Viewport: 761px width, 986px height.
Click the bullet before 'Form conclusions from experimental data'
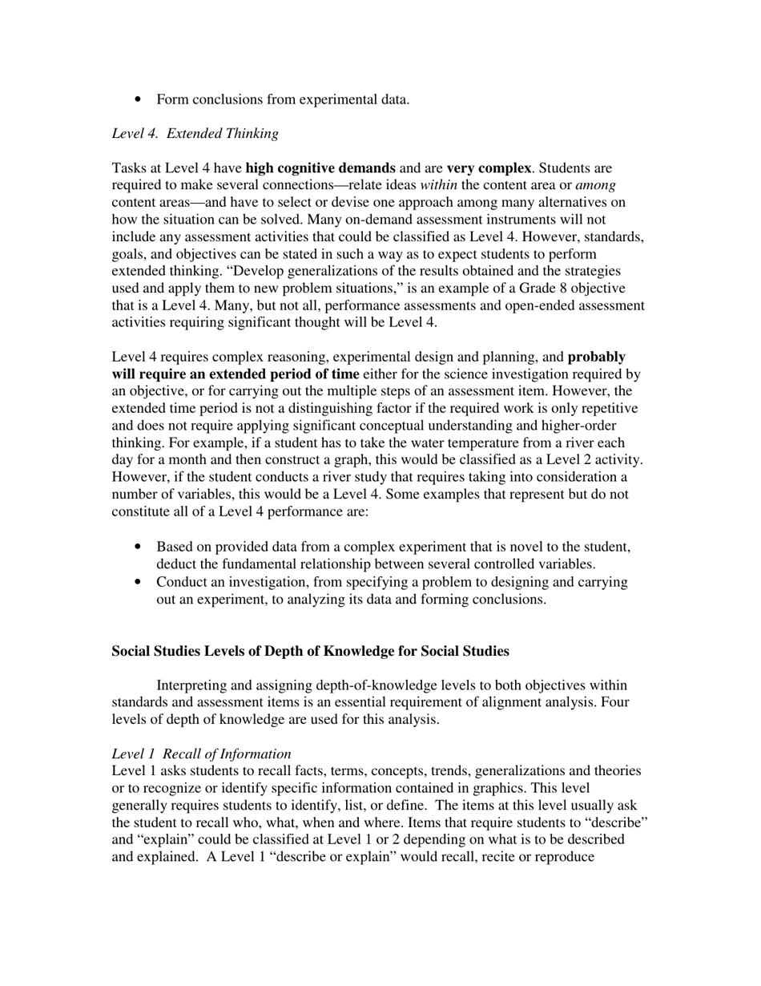(139, 99)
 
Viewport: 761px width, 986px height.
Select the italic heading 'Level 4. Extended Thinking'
(195, 134)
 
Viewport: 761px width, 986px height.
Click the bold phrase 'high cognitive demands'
(320, 168)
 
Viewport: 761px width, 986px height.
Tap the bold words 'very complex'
(488, 168)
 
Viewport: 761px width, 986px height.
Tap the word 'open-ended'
(521, 305)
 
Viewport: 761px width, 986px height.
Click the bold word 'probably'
(596, 357)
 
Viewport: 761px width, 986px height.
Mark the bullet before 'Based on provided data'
(139, 547)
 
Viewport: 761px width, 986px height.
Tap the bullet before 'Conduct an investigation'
(139, 582)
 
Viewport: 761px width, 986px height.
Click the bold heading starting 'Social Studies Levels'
(310, 651)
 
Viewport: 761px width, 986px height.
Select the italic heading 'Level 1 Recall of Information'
(201, 754)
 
